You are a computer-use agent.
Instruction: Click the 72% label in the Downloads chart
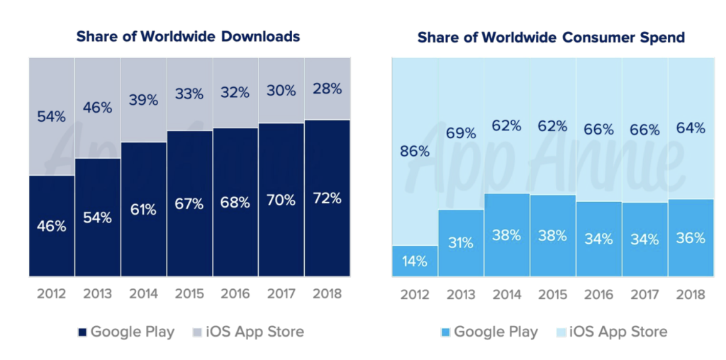point(327,198)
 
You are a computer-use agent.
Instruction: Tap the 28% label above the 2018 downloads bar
point(327,89)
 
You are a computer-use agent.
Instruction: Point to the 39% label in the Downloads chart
point(143,101)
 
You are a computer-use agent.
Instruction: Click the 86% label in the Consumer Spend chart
point(414,151)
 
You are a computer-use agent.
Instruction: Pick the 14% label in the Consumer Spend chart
point(414,261)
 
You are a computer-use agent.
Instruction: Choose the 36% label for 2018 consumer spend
point(691,238)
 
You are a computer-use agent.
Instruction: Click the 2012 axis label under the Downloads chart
point(51,293)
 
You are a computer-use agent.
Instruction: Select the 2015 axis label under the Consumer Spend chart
point(552,293)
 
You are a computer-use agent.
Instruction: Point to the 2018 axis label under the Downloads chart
point(327,293)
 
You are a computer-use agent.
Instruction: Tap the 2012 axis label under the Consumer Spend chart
point(414,293)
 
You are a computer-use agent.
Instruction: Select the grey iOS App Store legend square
point(199,332)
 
